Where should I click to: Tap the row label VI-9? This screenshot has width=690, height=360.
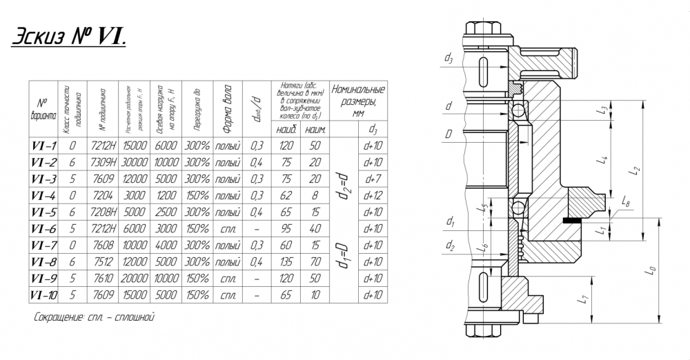point(43,279)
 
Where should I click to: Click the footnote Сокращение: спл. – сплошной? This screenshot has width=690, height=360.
point(92,319)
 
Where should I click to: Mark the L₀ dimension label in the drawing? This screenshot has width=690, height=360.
point(651,272)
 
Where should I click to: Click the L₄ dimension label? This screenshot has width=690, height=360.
point(604,160)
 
